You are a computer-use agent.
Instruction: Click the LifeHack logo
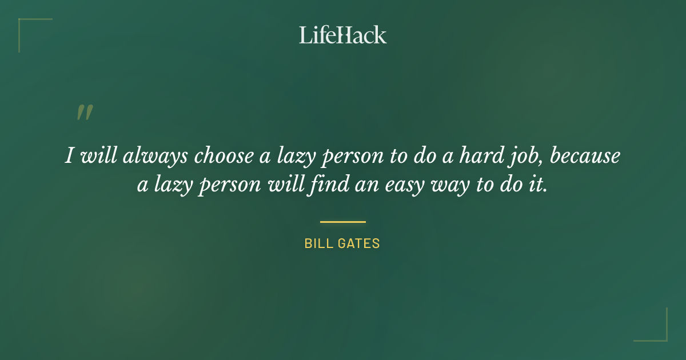[x=343, y=35]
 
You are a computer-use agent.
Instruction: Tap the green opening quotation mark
[x=85, y=113]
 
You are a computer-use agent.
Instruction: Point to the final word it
[x=539, y=186]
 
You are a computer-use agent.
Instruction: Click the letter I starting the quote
[x=69, y=156]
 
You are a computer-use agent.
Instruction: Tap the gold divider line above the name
[x=343, y=222]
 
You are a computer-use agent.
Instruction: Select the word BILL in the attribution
[x=317, y=243]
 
